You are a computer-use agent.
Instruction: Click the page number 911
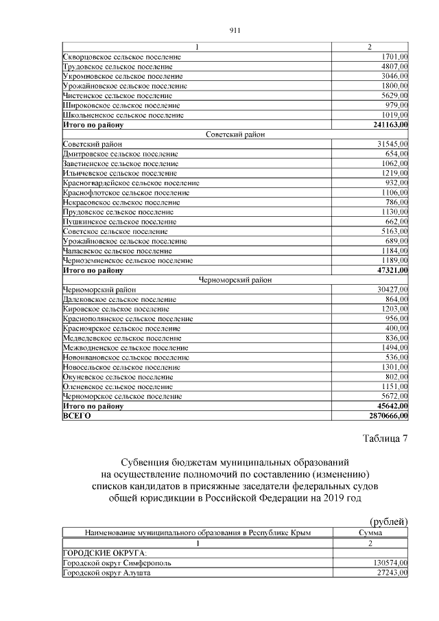pyautogui.click(x=233, y=30)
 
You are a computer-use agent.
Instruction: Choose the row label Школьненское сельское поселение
pyautogui.click(x=123, y=115)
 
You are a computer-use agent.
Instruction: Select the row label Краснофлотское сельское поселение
pyautogui.click(x=126, y=193)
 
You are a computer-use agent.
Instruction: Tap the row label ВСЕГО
pyautogui.click(x=77, y=416)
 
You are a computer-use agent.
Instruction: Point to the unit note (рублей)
pyautogui.click(x=389, y=522)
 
